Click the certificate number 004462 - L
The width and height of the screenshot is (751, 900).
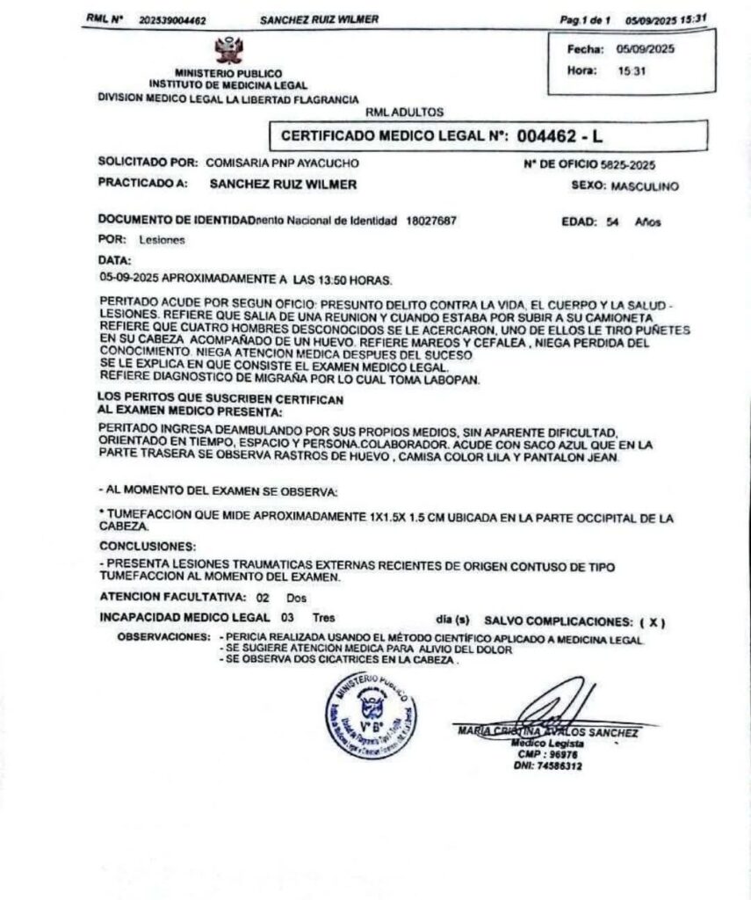pos(559,136)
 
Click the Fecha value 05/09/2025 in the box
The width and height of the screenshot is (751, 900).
pos(645,50)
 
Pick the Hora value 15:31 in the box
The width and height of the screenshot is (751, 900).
pos(630,70)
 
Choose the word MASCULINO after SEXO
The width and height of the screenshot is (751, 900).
pos(645,186)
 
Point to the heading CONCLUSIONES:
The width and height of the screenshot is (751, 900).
pos(135,545)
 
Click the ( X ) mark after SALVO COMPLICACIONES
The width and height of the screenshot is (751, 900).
pos(652,622)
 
